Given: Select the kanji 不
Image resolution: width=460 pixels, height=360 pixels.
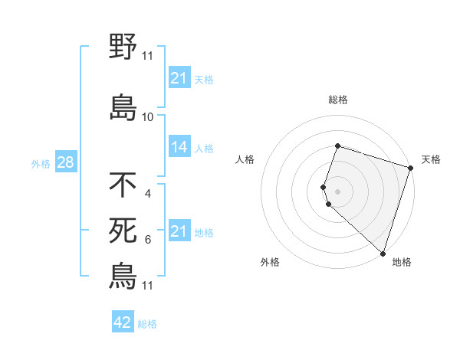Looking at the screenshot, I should point(123,185).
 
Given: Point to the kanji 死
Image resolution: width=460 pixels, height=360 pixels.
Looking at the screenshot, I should point(123,231).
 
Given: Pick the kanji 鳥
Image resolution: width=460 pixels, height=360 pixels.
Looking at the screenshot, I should point(123,277).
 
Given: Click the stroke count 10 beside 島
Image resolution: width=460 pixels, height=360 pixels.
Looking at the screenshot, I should point(148,117).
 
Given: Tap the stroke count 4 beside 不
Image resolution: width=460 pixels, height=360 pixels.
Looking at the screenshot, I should point(148,194).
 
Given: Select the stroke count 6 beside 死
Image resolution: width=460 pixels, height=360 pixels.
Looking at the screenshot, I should point(148,240).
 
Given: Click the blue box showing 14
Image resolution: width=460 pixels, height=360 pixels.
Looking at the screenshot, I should point(179,147).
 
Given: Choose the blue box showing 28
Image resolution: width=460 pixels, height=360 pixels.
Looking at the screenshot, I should point(65,162).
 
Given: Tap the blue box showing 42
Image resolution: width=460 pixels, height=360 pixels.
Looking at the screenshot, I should point(123,322).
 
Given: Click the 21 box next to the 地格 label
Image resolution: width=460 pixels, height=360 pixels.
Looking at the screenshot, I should point(179,231).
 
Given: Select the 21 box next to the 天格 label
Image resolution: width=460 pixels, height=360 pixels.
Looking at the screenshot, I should point(179,78).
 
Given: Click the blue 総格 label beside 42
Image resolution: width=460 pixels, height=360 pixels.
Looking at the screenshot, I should point(147,324).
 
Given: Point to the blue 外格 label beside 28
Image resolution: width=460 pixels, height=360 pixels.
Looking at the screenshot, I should point(41,163).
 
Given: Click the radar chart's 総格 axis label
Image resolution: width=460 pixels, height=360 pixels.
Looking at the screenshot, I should point(337,100).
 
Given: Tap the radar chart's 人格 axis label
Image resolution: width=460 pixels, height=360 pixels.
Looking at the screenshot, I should point(245,159).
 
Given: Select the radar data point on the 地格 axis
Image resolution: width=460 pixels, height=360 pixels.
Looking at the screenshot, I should point(383,254).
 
